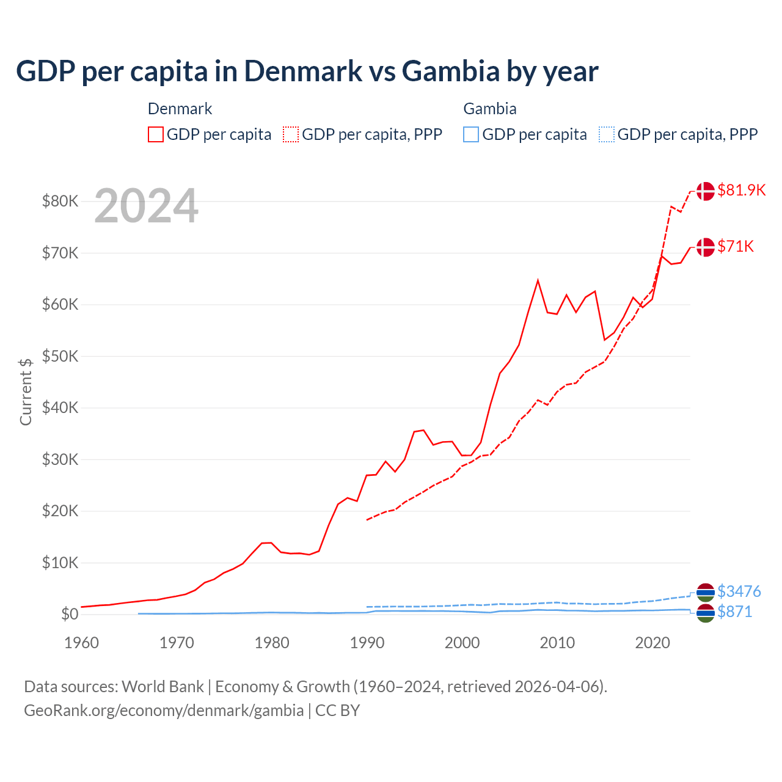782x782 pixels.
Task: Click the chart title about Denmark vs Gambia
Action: click(307, 71)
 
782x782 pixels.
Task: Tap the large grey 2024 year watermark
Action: click(146, 206)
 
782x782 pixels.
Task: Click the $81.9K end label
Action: click(741, 190)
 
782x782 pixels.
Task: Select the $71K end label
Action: click(736, 246)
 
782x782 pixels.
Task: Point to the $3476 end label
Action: click(739, 591)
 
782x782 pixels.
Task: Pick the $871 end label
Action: click(734, 612)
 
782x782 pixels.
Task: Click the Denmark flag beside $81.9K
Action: click(705, 191)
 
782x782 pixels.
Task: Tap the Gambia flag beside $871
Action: click(705, 613)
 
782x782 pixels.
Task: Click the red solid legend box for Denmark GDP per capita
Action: click(156, 134)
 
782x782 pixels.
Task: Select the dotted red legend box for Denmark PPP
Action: click(291, 134)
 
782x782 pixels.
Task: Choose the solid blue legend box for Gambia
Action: click(471, 134)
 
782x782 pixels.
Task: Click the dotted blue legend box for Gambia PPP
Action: click(607, 134)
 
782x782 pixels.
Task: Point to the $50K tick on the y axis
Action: click(60, 356)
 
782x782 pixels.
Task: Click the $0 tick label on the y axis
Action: click(69, 615)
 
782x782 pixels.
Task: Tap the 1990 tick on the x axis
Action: click(367, 643)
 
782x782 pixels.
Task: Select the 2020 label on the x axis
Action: click(652, 643)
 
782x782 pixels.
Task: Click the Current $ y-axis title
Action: click(26, 392)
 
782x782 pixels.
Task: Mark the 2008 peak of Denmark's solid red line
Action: click(538, 280)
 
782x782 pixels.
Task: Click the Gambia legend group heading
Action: click(489, 109)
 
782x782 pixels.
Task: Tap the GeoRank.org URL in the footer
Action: click(164, 711)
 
